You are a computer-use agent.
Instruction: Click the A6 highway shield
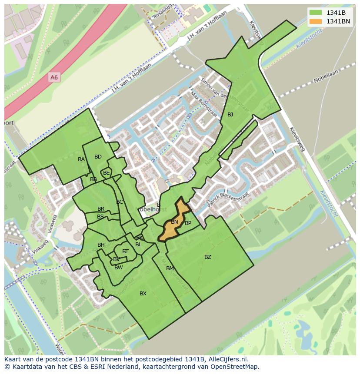pyautogui.click(x=54, y=77)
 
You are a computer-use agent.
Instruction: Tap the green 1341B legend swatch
pyautogui.click(x=316, y=13)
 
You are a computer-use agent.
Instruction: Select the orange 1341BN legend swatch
pyautogui.click(x=316, y=21)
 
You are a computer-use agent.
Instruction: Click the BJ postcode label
pyautogui.click(x=230, y=115)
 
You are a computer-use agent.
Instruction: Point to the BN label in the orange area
pyautogui.click(x=174, y=222)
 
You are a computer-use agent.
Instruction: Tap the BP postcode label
pyautogui.click(x=188, y=223)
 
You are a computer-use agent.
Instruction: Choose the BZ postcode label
pyautogui.click(x=208, y=257)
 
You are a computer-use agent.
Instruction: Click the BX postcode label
pyautogui.click(x=143, y=294)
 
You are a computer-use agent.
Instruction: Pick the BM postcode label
pyautogui.click(x=170, y=268)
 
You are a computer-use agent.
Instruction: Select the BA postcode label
pyautogui.click(x=81, y=159)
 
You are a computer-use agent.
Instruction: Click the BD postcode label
pyautogui.click(x=98, y=157)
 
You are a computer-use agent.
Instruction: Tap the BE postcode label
pyautogui.click(x=107, y=173)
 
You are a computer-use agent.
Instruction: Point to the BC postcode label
pyautogui.click(x=120, y=202)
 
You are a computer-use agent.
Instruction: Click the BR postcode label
pyautogui.click(x=101, y=209)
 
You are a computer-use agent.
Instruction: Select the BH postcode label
pyautogui.click(x=101, y=245)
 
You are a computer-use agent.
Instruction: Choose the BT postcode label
pyautogui.click(x=125, y=252)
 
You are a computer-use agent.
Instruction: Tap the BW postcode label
pyautogui.click(x=118, y=268)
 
